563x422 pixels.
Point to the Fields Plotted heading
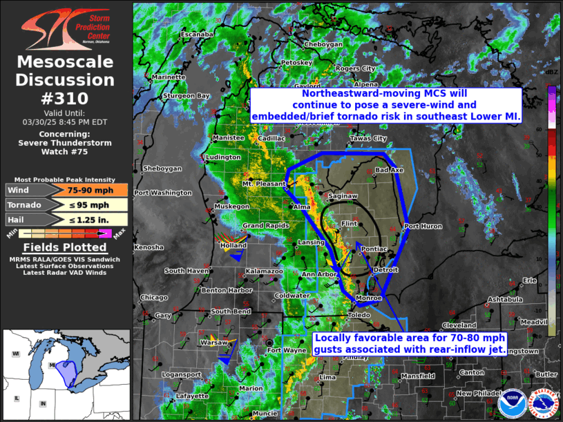(65, 247)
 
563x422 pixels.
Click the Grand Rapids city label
(263, 227)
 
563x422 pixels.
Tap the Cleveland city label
(459, 325)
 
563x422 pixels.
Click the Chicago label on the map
(153, 298)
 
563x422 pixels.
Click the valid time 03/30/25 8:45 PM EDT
(66, 122)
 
